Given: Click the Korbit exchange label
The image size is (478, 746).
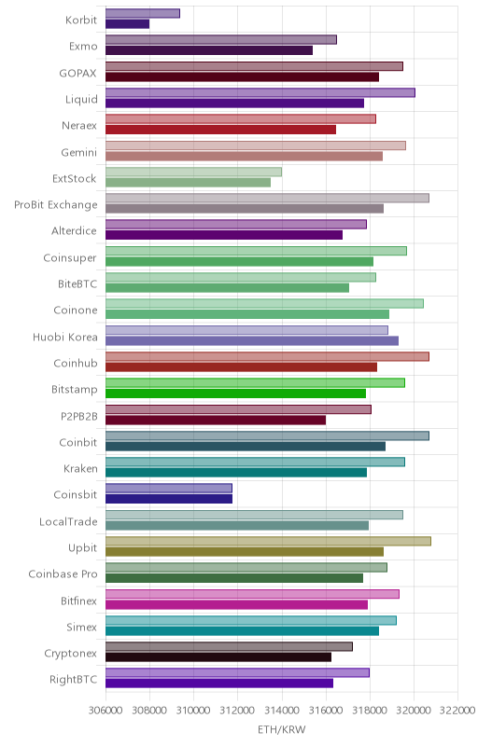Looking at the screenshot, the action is tap(81, 20).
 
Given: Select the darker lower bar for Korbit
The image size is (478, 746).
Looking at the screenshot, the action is tap(128, 24).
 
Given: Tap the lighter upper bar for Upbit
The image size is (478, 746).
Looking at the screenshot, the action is tap(268, 542).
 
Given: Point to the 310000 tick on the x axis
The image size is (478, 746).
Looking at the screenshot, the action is tap(193, 711).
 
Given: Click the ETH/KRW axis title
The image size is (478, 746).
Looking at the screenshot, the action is tap(281, 729).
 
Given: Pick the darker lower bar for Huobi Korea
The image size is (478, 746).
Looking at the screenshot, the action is tap(252, 340).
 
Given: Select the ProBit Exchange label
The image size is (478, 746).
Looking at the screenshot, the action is tap(56, 205).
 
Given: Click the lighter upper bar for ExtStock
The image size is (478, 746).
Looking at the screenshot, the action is tap(193, 172).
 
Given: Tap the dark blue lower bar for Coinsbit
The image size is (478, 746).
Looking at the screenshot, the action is tap(169, 499).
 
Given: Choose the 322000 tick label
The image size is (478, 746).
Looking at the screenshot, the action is tap(457, 711).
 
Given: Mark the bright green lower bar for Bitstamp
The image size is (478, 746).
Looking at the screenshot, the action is tap(235, 394).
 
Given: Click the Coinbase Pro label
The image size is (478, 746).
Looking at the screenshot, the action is tap(63, 574).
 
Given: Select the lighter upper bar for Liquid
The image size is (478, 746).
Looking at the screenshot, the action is tap(260, 92).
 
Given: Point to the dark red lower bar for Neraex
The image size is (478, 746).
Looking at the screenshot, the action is tap(221, 130).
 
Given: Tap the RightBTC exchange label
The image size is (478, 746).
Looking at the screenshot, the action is tap(74, 680).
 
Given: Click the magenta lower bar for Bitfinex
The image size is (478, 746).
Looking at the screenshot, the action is tap(236, 604).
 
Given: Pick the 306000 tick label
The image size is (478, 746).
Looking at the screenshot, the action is tap(105, 711).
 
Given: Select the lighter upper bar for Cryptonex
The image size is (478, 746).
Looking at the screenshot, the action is tap(229, 646).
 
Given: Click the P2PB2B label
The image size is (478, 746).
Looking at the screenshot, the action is tap(79, 416).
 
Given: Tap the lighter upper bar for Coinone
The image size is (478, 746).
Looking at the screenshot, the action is tap(265, 304).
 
